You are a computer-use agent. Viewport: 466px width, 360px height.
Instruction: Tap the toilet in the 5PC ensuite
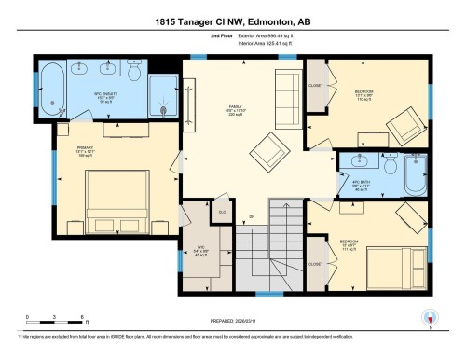coord(136,73)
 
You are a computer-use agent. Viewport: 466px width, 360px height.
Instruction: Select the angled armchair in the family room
coord(270,148)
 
